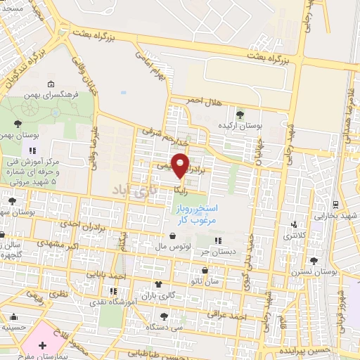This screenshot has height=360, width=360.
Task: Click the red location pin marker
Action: tap(181, 166)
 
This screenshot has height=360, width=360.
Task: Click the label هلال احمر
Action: tap(203, 103)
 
